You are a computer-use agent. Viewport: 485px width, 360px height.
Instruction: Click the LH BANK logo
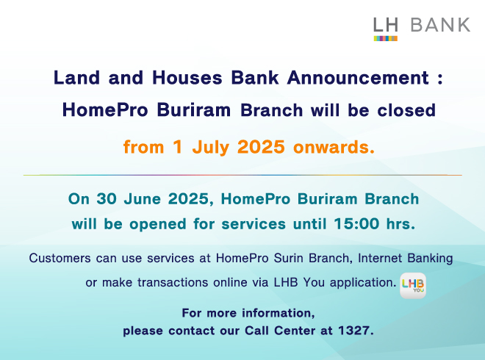tap(422, 29)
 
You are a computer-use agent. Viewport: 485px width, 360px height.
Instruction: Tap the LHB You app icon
tap(413, 286)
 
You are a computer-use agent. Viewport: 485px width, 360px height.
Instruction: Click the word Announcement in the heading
tap(359, 78)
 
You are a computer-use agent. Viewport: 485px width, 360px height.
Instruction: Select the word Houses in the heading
tap(187, 78)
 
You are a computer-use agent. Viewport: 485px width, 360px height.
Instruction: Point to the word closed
tap(406, 110)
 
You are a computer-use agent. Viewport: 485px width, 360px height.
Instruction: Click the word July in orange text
tap(211, 148)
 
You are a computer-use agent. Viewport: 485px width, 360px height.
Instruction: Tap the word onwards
tap(334, 147)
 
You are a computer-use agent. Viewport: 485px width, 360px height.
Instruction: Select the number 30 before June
tap(107, 199)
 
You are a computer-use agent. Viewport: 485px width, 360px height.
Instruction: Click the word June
tap(143, 199)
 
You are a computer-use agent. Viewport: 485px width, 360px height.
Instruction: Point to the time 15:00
tap(356, 223)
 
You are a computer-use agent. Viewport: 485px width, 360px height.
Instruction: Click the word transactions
tap(173, 282)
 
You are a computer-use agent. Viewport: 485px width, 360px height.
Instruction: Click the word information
tap(279, 313)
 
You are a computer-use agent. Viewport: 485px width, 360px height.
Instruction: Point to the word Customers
tap(60, 258)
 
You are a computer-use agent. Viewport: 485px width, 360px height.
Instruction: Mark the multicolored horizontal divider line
tap(242, 175)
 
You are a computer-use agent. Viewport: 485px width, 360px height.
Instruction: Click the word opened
tap(158, 224)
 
